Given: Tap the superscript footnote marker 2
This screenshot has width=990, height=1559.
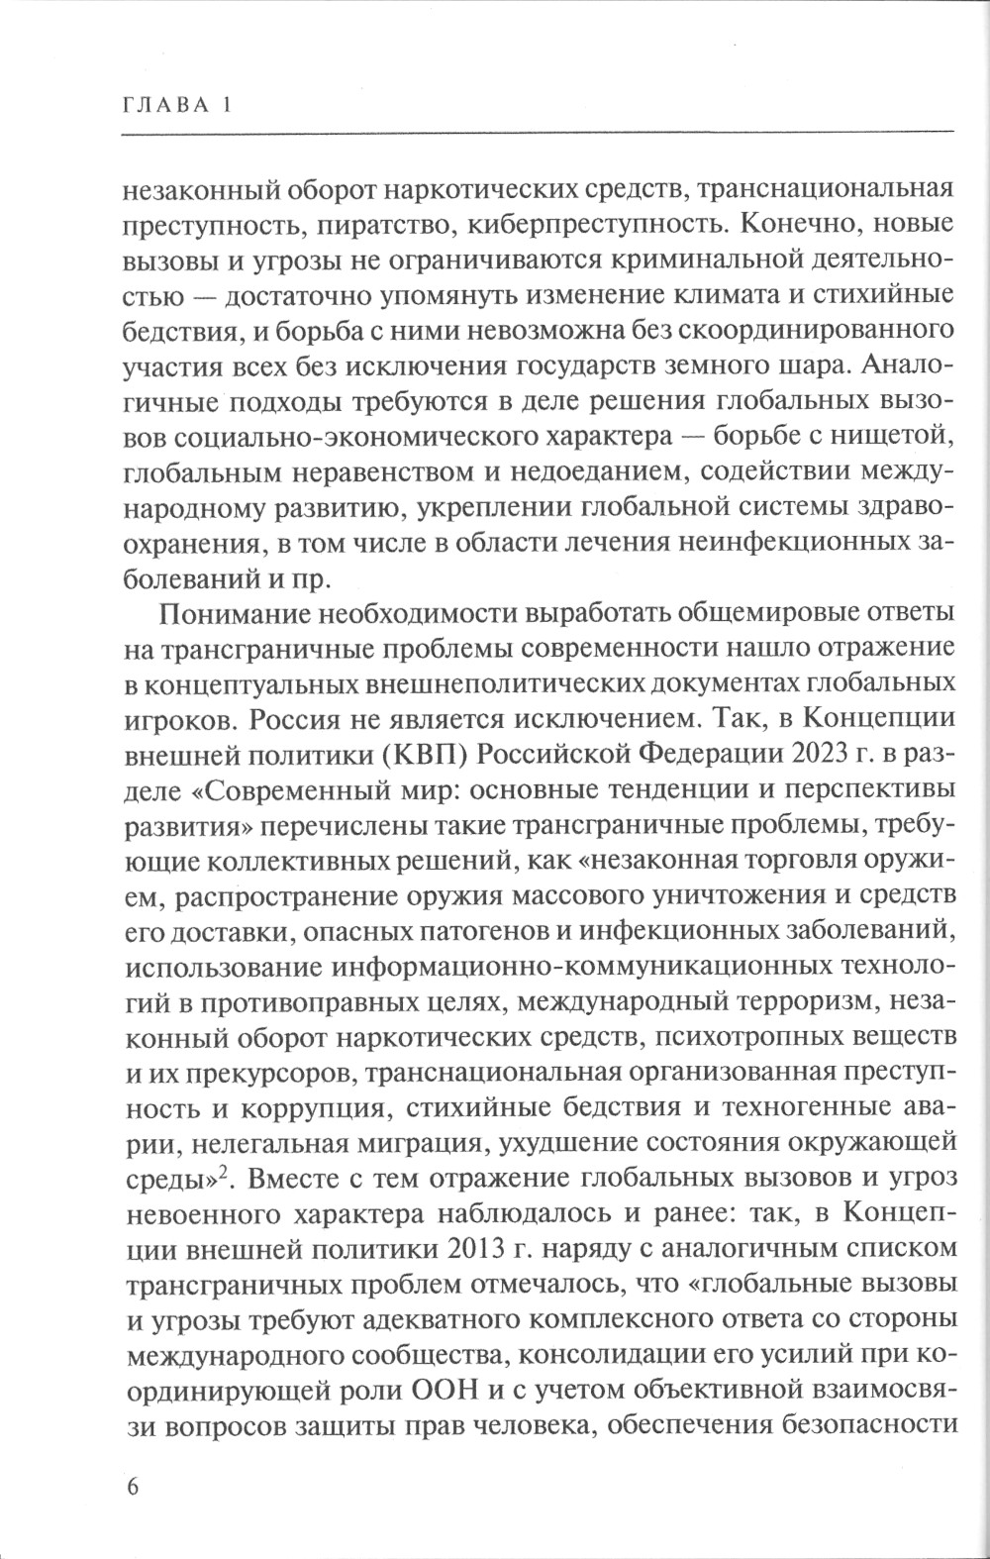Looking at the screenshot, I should pos(226,1173).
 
